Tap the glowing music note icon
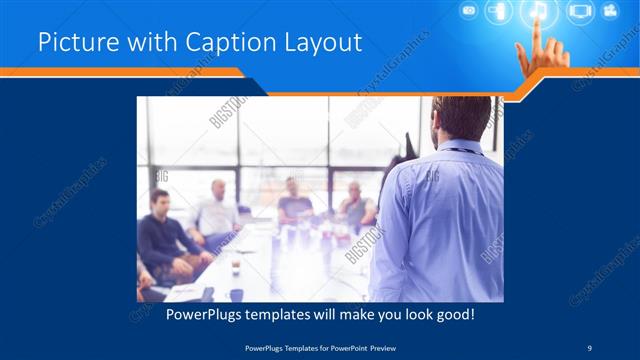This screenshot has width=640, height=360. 538,12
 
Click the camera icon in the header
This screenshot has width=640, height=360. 468,11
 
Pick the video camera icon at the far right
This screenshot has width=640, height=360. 610,12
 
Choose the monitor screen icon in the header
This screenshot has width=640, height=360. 579,12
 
